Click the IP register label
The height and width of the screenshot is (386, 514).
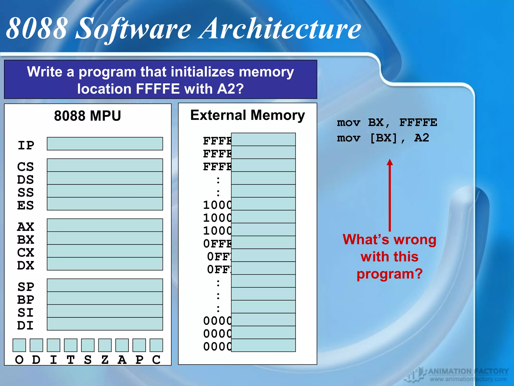point(26,145)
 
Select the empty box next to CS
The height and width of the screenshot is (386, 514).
point(105,165)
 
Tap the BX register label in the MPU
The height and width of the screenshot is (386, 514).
point(26,240)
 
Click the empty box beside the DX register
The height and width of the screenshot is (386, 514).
point(105,264)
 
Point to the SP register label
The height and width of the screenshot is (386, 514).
point(26,287)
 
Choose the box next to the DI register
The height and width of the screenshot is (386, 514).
point(105,324)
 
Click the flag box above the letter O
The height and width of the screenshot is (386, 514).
point(19,345)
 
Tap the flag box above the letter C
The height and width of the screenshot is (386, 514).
point(156,345)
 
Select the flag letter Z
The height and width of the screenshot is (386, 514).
point(105,360)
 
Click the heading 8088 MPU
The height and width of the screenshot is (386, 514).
point(88,116)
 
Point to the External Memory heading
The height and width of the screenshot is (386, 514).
point(247,115)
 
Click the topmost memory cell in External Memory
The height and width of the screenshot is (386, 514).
point(263,139)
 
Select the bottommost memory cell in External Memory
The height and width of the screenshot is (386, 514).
point(263,345)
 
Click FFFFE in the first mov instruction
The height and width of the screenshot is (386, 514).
point(418,123)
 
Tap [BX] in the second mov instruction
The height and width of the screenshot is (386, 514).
point(384,138)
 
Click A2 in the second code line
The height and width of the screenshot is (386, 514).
point(422,138)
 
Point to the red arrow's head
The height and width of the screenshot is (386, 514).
point(390,162)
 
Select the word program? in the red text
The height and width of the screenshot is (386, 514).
point(390,274)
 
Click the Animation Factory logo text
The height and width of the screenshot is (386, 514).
point(468,371)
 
